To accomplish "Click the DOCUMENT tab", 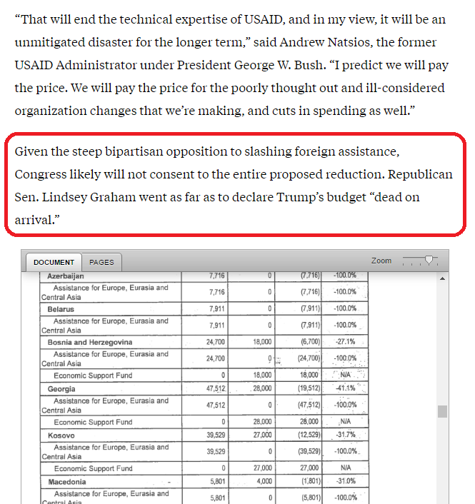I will (x=54, y=262).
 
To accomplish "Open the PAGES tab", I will (x=101, y=262).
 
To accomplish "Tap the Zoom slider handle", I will (x=429, y=261).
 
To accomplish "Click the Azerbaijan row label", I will (x=66, y=276).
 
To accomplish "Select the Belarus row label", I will (x=61, y=309).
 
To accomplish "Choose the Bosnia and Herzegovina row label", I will (x=90, y=342).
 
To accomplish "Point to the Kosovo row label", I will (x=61, y=435).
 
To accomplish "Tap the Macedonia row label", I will (x=67, y=482).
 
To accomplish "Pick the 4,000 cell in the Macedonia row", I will (x=262, y=482).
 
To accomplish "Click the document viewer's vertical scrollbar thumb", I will (x=442, y=411).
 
